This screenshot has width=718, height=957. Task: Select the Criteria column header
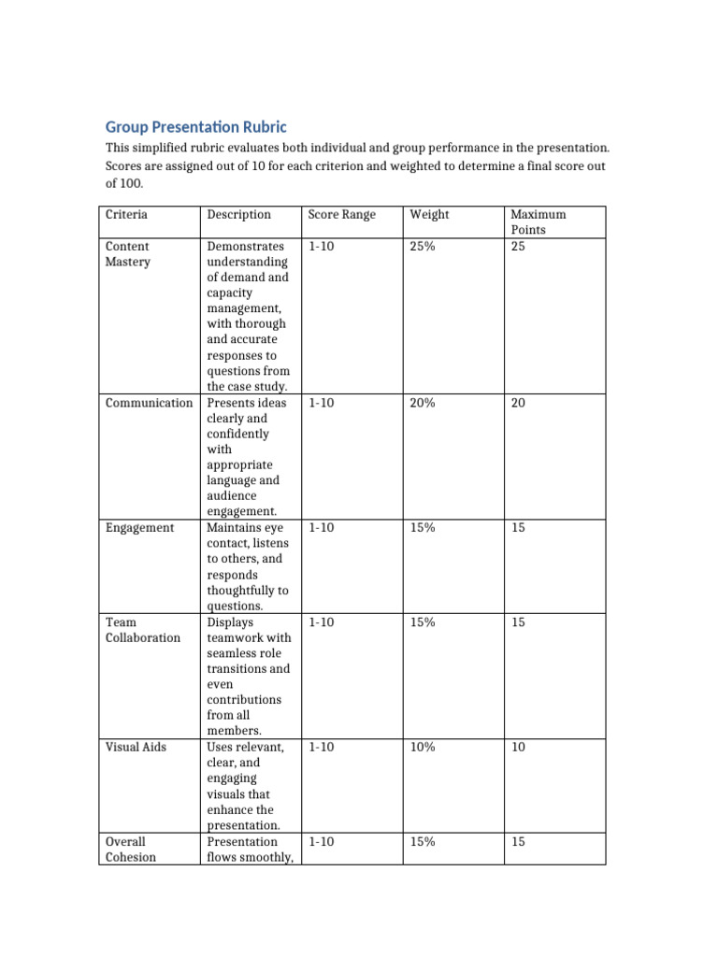(126, 215)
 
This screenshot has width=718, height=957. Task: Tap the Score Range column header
(341, 215)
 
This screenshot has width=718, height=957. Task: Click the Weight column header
(429, 215)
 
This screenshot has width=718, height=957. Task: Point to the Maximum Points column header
(538, 221)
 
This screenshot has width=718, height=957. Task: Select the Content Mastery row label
(128, 254)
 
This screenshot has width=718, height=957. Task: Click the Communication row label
(149, 403)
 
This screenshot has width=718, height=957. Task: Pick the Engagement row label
(139, 528)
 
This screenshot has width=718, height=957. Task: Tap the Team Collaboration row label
(142, 630)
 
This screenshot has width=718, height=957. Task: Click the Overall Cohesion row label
(131, 850)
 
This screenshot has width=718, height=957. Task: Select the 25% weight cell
(423, 247)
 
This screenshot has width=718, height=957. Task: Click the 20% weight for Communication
(423, 403)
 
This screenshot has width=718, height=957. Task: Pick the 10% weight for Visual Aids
(423, 748)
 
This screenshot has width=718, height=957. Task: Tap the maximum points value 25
(519, 247)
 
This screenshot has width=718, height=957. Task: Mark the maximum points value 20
(519, 403)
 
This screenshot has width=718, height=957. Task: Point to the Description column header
(238, 215)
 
